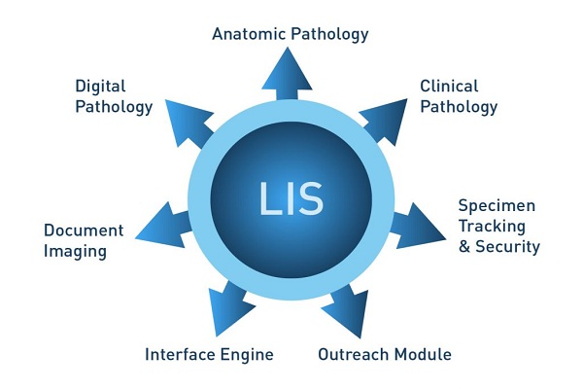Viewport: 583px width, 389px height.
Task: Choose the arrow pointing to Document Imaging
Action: (x=160, y=223)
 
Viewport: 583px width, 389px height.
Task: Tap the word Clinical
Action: (x=448, y=87)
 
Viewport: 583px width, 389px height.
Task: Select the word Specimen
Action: (x=497, y=206)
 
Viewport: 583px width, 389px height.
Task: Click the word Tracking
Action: (x=492, y=227)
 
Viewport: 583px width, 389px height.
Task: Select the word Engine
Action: (x=247, y=355)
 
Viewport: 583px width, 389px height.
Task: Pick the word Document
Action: (x=84, y=231)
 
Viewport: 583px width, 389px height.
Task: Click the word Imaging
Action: (x=75, y=252)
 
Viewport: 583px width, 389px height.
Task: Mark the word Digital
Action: (x=100, y=87)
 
